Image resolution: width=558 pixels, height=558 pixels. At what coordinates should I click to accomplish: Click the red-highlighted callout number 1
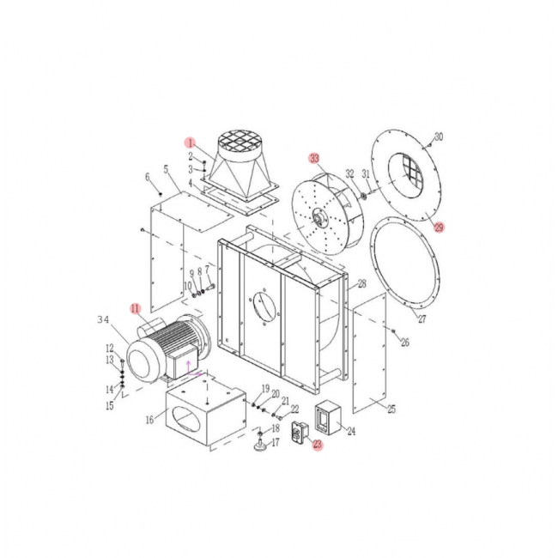191,142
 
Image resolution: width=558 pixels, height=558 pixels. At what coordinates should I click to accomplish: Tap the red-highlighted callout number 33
314,158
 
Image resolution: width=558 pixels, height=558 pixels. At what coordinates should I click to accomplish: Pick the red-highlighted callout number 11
134,307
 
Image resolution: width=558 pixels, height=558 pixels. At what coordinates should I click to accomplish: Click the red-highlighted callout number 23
317,445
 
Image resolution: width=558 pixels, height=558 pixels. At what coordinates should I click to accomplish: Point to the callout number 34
104,320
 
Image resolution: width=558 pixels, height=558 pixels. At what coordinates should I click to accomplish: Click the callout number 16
149,420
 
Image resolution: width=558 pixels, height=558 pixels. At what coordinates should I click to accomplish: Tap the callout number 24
350,432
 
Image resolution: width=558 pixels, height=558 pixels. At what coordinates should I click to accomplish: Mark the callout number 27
422,319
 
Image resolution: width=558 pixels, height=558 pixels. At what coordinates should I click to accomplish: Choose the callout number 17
276,443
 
